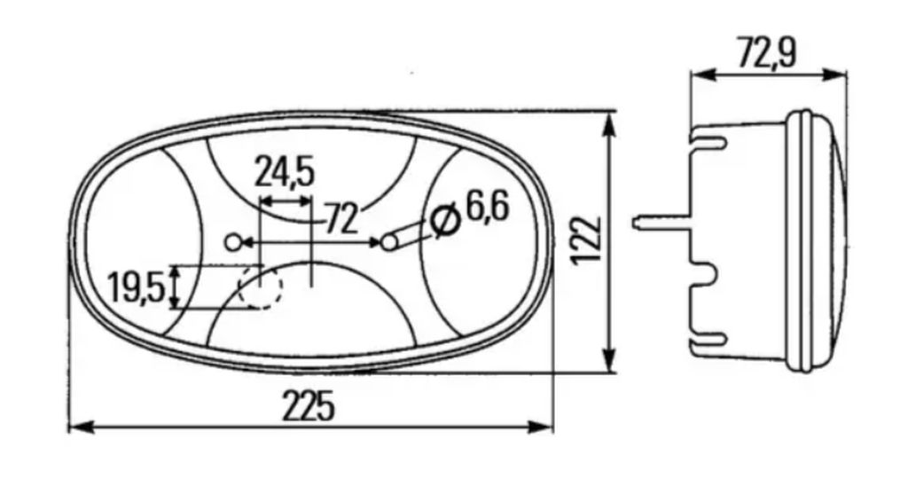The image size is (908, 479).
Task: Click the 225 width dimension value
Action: pyautogui.click(x=309, y=405)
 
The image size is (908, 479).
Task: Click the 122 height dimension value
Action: pyautogui.click(x=586, y=240)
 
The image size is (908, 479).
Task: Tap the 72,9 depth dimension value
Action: pyautogui.click(x=767, y=52)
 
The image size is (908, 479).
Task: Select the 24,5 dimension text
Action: pyautogui.click(x=285, y=173)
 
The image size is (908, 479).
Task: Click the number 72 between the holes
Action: pyautogui.click(x=341, y=218)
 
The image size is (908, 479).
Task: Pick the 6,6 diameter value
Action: pyautogui.click(x=488, y=208)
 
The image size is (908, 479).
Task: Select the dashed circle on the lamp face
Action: pyautogui.click(x=261, y=287)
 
